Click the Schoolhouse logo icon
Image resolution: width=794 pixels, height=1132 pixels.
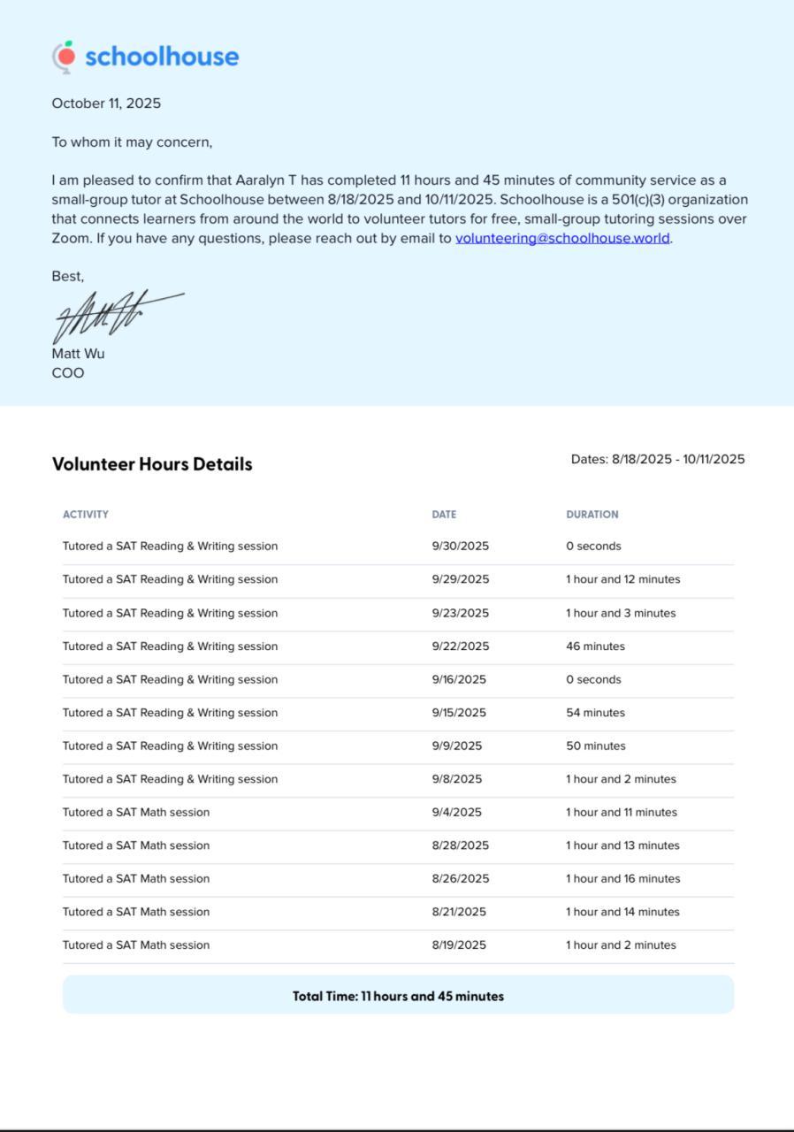point(64,56)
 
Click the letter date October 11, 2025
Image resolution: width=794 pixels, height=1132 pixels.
point(106,103)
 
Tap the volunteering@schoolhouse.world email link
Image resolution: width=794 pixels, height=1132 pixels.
point(562,238)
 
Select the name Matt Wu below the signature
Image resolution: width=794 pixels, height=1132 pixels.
point(78,353)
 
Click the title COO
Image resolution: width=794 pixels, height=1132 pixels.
point(68,372)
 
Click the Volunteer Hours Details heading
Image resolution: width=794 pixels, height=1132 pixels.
point(152,464)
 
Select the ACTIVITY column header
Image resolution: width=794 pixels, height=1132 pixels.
point(86,514)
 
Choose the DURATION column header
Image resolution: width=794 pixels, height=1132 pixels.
point(592,514)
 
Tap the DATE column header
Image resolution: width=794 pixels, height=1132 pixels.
point(444,514)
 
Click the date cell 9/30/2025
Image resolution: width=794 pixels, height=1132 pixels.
point(460,546)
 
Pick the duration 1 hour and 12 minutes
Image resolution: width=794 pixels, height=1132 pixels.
point(623,579)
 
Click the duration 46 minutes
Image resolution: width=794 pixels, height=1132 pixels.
point(595,646)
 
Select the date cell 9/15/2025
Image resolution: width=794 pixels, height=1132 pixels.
point(459,713)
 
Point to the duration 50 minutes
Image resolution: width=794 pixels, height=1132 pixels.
point(595,746)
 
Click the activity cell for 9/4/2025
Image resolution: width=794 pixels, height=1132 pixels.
point(136,812)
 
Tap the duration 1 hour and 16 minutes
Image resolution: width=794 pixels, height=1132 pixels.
point(623,878)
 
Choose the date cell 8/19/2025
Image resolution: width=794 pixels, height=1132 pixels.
point(459,945)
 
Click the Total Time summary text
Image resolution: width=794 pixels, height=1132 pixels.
point(398,996)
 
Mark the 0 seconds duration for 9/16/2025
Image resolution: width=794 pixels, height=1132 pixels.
point(593,679)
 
